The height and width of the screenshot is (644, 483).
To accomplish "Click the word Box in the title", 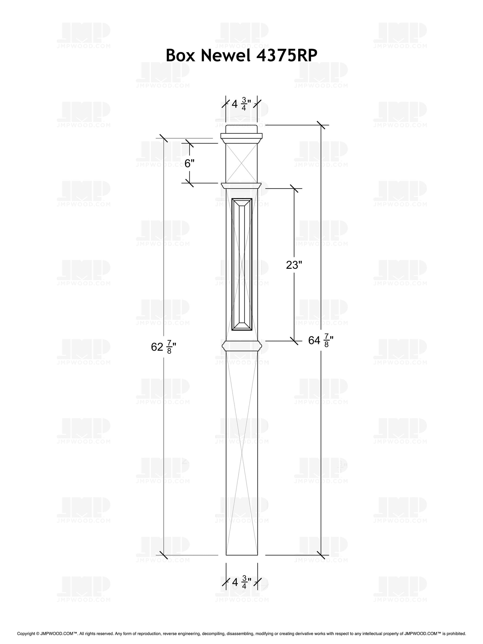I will coord(181,55).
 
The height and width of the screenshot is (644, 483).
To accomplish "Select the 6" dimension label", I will coord(189,164).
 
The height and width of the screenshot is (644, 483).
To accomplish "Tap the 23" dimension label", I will coord(294,265).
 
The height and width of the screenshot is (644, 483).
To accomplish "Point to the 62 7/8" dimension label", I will coord(163,347).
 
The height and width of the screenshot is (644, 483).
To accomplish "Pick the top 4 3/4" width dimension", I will coord(241,104).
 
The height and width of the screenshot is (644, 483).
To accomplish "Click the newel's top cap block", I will coord(241,129).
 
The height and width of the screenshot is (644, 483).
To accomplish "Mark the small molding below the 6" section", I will coord(241,185).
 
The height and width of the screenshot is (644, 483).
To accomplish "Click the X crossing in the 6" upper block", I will coord(241,163).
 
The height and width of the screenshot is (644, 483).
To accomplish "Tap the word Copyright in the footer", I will coord(26,633).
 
